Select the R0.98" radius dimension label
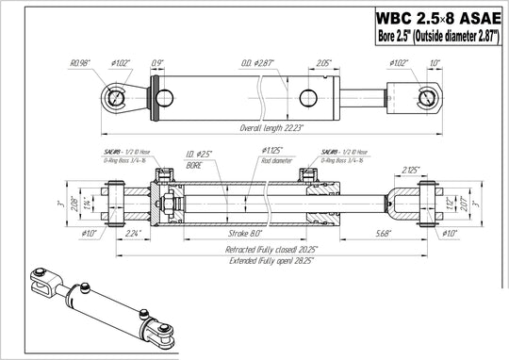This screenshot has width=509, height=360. pos(80,64)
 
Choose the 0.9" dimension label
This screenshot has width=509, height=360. pos(156,63)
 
